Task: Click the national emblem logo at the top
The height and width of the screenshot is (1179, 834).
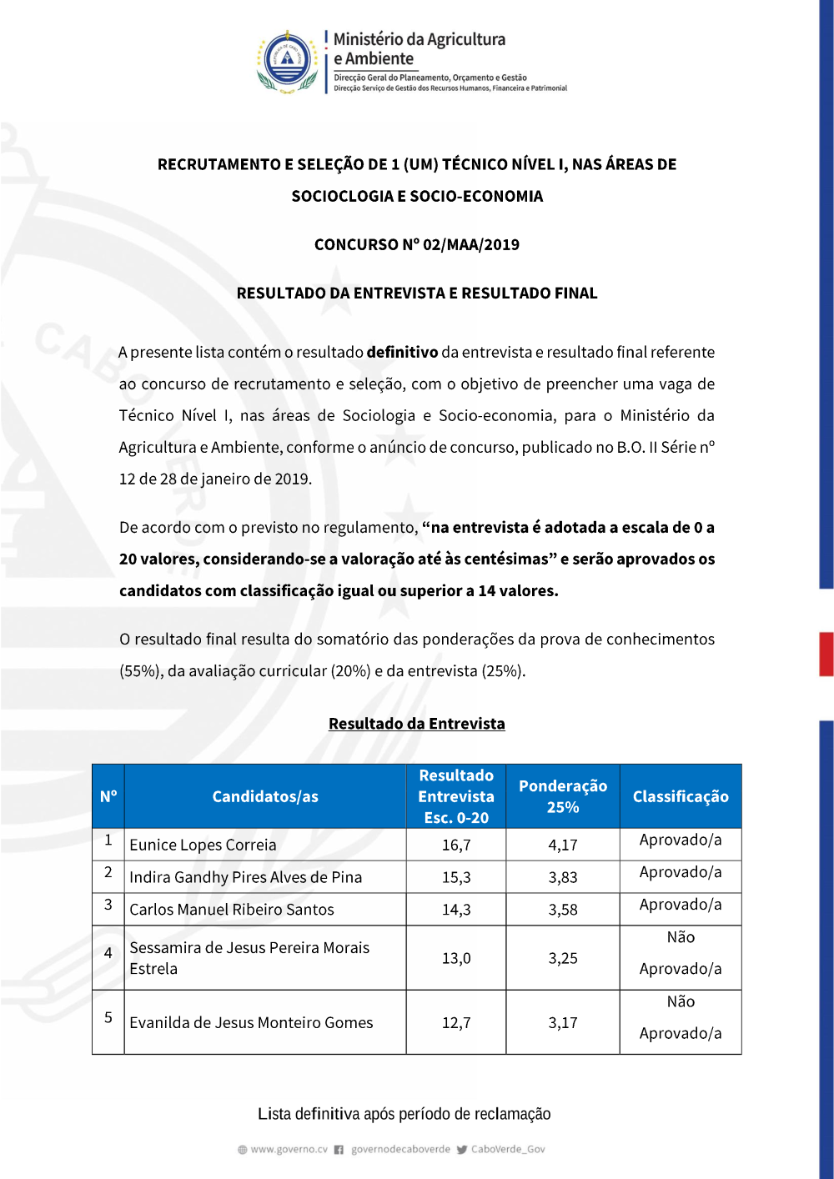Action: point(288,61)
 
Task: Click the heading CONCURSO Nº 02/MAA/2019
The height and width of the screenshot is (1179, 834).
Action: point(416,244)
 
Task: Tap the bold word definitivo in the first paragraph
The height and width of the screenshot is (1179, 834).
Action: point(402,352)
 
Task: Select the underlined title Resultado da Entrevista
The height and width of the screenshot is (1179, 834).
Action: point(416,724)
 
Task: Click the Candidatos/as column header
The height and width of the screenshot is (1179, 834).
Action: point(265,796)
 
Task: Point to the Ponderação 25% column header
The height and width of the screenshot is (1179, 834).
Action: point(563,796)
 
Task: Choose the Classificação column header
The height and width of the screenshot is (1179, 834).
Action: point(681,796)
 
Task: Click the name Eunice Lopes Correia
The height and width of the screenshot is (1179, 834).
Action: point(203,845)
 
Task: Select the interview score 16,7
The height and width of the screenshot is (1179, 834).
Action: point(456,845)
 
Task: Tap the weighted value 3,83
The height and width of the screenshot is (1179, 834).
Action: point(563,877)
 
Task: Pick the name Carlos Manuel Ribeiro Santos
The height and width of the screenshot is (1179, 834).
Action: point(232,910)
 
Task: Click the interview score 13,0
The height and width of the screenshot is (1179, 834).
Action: point(456,958)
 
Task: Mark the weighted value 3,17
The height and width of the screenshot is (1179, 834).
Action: point(563,1022)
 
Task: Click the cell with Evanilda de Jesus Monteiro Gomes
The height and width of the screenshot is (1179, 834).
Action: point(251,1022)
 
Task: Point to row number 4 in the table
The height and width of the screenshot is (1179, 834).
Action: point(108,952)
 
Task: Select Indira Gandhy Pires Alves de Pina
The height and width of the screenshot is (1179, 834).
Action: point(245,877)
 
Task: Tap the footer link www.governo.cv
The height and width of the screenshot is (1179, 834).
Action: point(289,1149)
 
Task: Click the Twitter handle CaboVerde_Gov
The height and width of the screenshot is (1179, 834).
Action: point(508,1149)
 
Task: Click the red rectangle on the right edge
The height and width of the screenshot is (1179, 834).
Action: point(826,654)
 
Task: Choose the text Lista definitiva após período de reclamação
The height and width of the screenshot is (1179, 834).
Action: point(404,1114)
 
